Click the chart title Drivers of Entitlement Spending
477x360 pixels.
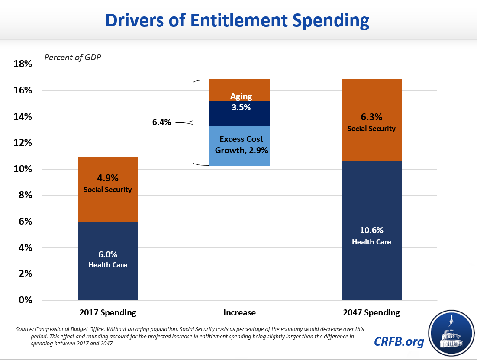(238, 20)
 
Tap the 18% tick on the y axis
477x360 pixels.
(23, 64)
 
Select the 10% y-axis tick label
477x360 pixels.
(23, 169)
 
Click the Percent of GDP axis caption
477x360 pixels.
(72, 57)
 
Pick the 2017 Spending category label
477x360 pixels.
(108, 312)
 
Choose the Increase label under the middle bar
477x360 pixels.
(239, 312)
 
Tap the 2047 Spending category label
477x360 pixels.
(371, 312)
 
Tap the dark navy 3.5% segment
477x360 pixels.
(239, 113)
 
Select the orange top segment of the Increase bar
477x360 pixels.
(239, 90)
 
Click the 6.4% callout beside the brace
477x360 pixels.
(161, 122)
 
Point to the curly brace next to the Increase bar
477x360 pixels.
(193, 122)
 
